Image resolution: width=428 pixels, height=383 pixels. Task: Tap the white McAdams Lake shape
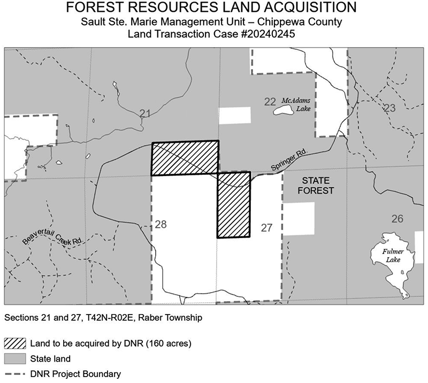(282, 111)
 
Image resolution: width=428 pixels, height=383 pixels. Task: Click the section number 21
(144, 113)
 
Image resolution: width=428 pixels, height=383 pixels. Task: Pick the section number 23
(389, 108)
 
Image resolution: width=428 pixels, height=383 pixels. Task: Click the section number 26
(397, 218)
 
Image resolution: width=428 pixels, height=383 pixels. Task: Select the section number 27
(266, 228)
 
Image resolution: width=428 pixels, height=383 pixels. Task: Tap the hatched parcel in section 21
(185, 158)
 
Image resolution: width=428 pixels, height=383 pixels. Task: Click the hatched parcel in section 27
(234, 205)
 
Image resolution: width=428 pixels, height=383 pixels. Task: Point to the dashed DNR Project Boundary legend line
(18, 373)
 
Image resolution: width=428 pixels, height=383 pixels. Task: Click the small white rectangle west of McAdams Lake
(234, 116)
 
